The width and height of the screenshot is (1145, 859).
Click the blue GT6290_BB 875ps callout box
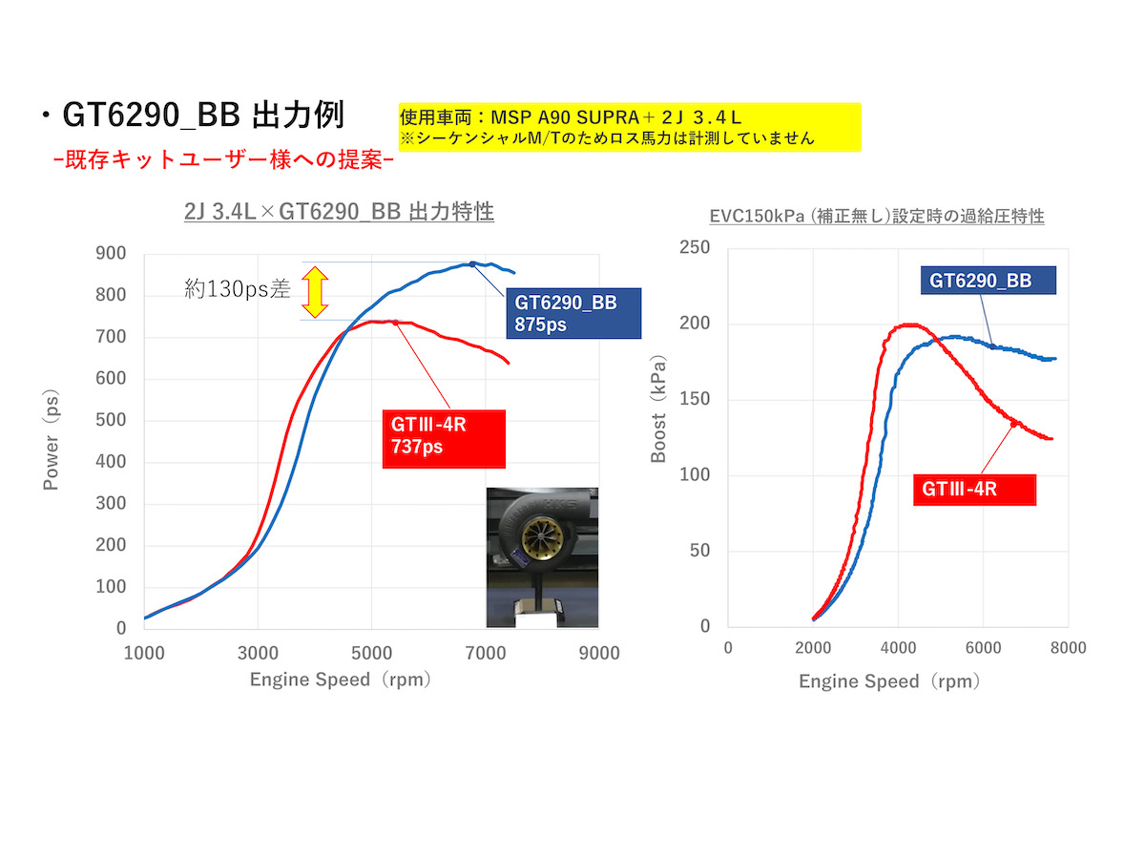(x=573, y=313)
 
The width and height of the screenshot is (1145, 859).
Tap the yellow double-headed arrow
(x=315, y=291)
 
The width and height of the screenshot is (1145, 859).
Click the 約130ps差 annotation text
(x=238, y=290)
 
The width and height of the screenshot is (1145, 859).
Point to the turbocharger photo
(x=542, y=557)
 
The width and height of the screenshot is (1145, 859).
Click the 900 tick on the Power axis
(x=114, y=253)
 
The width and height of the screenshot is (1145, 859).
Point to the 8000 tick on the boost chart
(x=1067, y=648)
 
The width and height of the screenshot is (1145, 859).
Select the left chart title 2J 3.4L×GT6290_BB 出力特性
(x=340, y=212)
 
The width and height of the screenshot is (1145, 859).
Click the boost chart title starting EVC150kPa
(x=877, y=217)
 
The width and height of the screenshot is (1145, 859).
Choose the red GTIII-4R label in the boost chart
(x=974, y=489)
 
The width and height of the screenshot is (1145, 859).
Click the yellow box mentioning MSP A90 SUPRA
(x=630, y=127)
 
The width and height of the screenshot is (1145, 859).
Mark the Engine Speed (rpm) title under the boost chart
(x=889, y=681)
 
